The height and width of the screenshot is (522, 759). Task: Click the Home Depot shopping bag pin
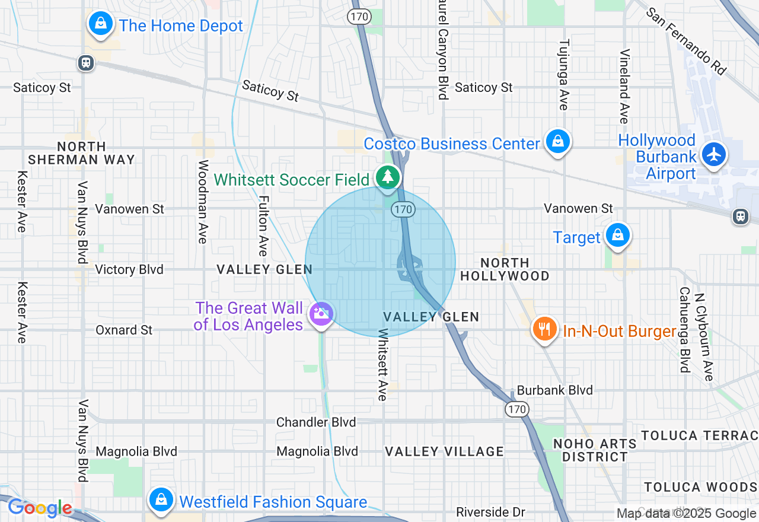click(x=101, y=24)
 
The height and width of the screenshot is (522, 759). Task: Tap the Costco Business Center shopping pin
click(x=558, y=142)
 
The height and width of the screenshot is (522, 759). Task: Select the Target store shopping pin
click(x=618, y=235)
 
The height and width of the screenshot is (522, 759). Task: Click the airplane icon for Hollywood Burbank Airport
click(x=714, y=154)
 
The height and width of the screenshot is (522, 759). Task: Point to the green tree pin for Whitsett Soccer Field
click(x=388, y=177)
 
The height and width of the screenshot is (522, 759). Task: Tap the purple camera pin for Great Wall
click(x=321, y=314)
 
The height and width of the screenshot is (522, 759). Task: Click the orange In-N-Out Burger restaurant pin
click(x=544, y=329)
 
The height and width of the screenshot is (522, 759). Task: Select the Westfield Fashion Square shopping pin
click(x=161, y=499)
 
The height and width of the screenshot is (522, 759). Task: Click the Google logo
click(x=40, y=508)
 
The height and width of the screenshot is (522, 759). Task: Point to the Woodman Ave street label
click(x=203, y=202)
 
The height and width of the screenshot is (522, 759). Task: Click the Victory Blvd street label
click(x=129, y=269)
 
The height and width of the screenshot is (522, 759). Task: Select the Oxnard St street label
click(x=124, y=330)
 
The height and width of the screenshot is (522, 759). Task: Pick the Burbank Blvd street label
click(x=555, y=390)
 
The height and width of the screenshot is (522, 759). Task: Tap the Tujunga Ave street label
click(x=564, y=75)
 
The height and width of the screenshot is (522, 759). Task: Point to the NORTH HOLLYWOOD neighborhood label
click(x=505, y=269)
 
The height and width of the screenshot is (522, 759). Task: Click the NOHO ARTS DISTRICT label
click(x=595, y=450)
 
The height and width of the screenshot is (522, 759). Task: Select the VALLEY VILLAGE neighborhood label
click(x=444, y=451)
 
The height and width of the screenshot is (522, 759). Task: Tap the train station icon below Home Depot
click(x=86, y=63)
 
